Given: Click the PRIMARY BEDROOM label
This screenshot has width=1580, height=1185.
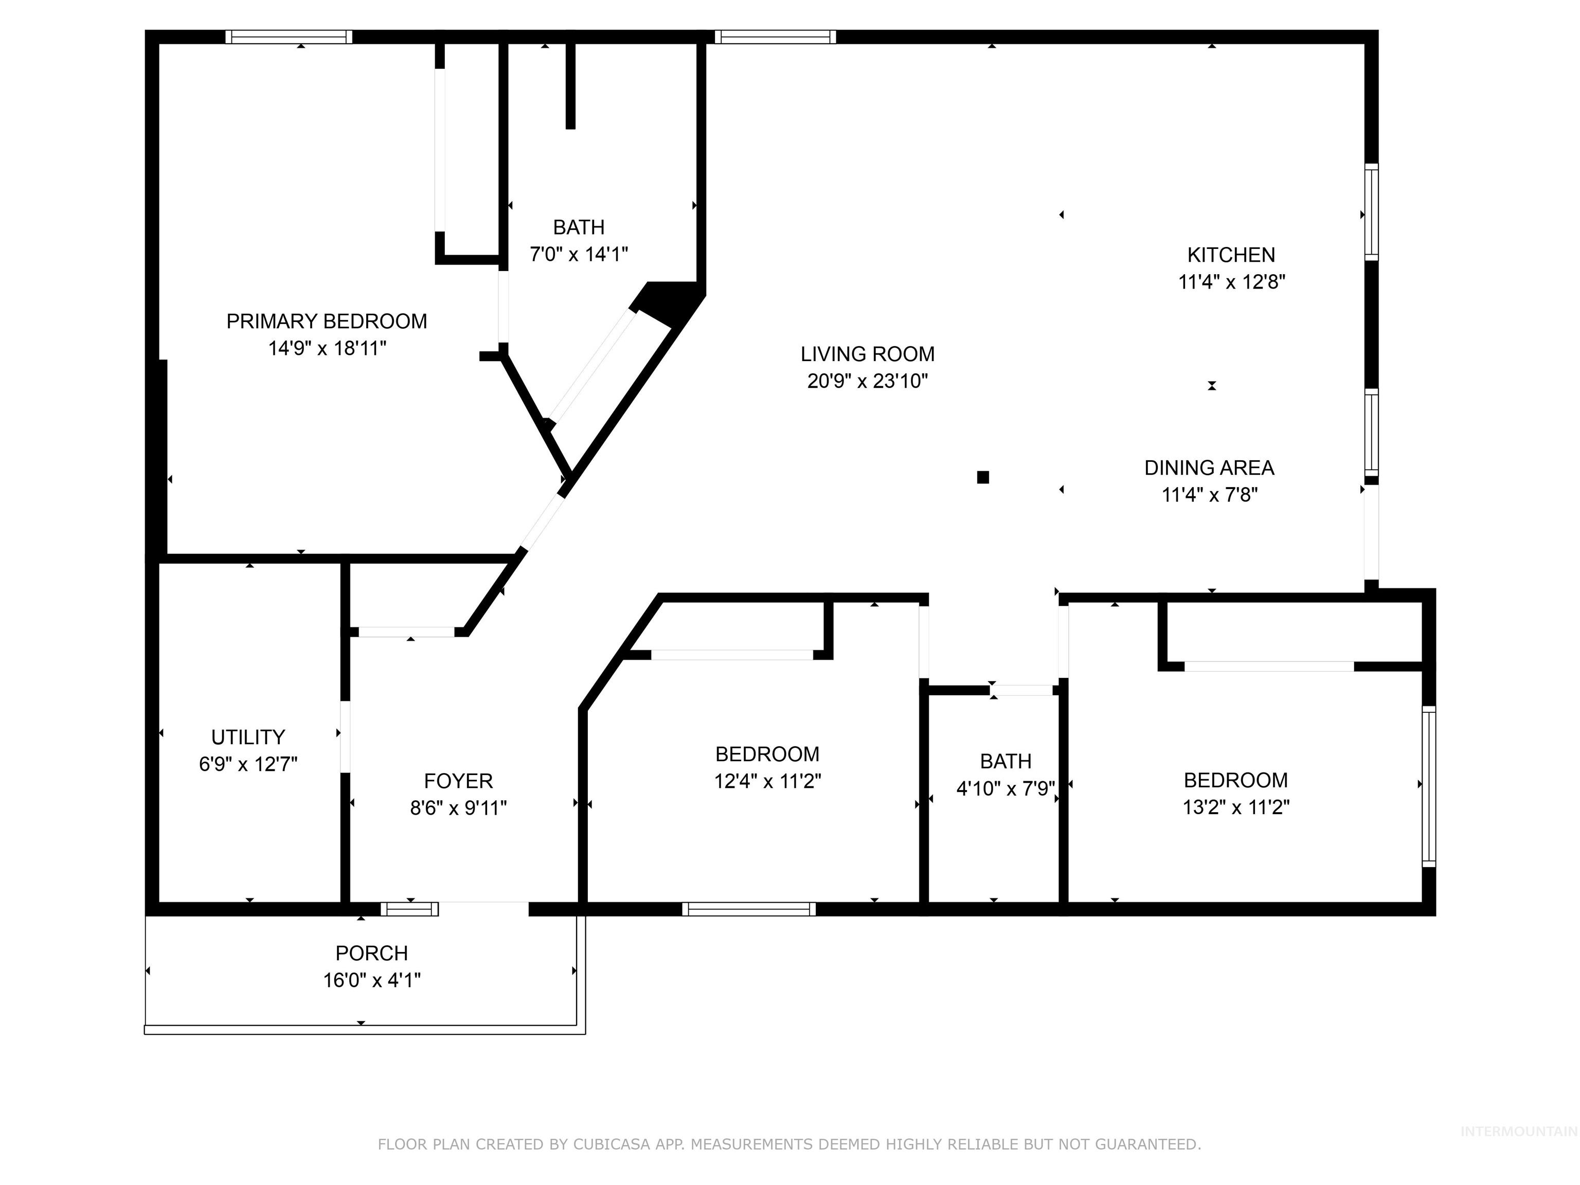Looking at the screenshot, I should pyautogui.click(x=327, y=321).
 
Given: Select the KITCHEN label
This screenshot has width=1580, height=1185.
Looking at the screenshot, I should pyautogui.click(x=1231, y=255).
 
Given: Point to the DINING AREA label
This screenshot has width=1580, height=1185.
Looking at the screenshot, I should pyautogui.click(x=1209, y=468).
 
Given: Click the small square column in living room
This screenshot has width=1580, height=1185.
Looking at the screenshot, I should pyautogui.click(x=983, y=477).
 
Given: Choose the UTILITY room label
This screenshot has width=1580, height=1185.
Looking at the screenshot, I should pyautogui.click(x=248, y=737).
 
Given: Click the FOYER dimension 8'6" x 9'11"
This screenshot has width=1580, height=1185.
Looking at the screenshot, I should pyautogui.click(x=458, y=808).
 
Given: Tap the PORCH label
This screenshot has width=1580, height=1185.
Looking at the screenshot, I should pyautogui.click(x=371, y=953).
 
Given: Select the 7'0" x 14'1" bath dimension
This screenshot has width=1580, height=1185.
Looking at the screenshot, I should pyautogui.click(x=579, y=254).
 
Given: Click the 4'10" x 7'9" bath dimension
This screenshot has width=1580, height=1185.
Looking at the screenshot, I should pyautogui.click(x=1005, y=788).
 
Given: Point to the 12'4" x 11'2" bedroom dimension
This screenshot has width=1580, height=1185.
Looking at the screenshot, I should pyautogui.click(x=767, y=781).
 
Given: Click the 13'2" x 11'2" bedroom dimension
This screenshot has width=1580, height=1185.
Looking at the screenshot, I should pyautogui.click(x=1236, y=807).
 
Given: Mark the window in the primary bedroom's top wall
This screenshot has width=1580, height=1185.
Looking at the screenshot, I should pyautogui.click(x=289, y=37).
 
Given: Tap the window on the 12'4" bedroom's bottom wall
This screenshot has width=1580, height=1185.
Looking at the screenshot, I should pyautogui.click(x=748, y=909).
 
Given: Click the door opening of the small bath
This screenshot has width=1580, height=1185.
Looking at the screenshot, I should pyautogui.click(x=1023, y=690).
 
